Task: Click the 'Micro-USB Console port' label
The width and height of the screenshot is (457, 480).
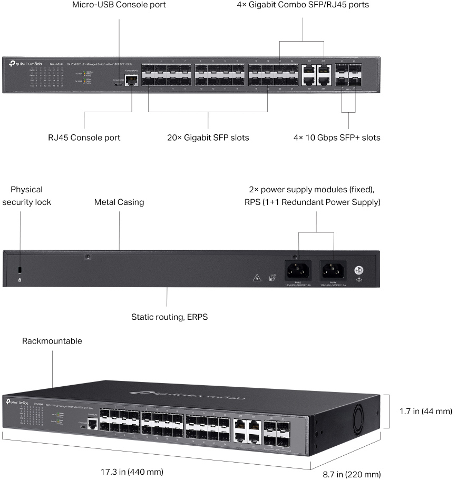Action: pyautogui.click(x=120, y=5)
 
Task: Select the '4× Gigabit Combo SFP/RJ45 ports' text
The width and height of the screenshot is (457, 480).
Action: pyautogui.click(x=303, y=5)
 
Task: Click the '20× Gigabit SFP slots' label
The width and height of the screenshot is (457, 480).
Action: pyautogui.click(x=208, y=138)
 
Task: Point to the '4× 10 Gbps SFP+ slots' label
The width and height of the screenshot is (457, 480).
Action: pyautogui.click(x=337, y=138)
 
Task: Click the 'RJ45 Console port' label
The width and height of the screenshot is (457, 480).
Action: pyautogui.click(x=84, y=138)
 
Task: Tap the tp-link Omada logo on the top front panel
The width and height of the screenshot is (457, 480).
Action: pyautogui.click(x=25, y=64)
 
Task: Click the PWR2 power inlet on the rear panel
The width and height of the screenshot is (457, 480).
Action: pyautogui.click(x=298, y=271)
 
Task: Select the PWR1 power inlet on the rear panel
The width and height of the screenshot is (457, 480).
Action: pyautogui.click(x=334, y=271)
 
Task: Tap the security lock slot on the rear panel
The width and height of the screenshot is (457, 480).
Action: pyautogui.click(x=20, y=270)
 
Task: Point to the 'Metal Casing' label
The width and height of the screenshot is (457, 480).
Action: pyautogui.click(x=119, y=202)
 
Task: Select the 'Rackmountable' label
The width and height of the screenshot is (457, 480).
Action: pyautogui.click(x=52, y=341)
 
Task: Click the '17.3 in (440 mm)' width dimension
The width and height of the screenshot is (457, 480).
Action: pyautogui.click(x=132, y=471)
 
